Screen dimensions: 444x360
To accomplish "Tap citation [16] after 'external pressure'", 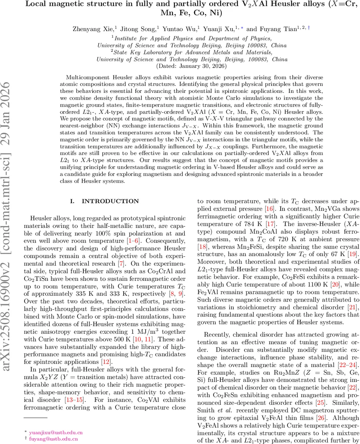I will point(273,209).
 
